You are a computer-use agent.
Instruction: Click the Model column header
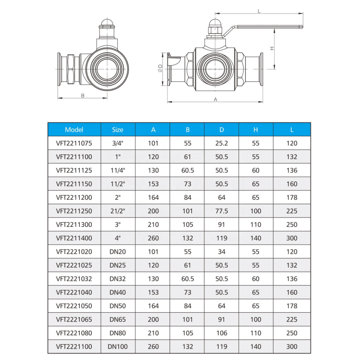[x=74, y=130]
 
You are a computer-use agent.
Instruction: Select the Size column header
[x=117, y=130]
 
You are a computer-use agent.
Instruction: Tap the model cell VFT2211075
[x=74, y=143]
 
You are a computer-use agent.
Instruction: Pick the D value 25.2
[x=221, y=143]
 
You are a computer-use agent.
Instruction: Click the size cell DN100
[x=117, y=346]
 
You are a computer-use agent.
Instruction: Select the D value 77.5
[x=221, y=211]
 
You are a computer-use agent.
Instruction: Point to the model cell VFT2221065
[x=74, y=319]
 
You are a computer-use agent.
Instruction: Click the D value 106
[x=221, y=333]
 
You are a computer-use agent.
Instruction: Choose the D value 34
[x=221, y=252]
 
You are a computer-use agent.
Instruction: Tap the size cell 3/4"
[x=117, y=143]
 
